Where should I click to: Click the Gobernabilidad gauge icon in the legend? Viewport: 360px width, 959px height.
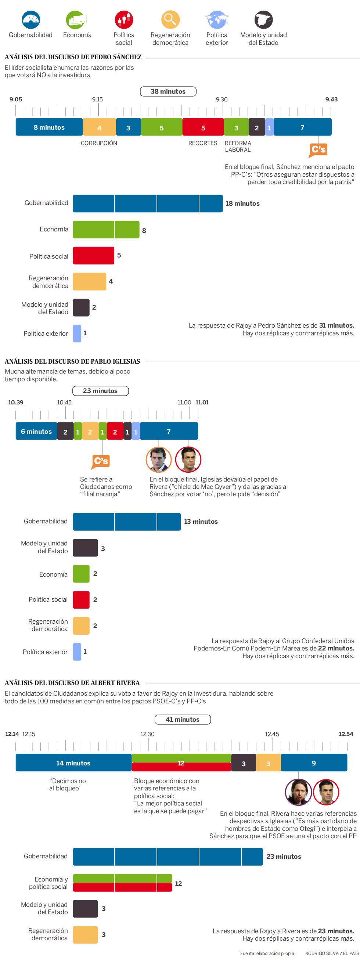click(30, 20)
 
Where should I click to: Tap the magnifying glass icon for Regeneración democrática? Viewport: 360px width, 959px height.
click(170, 19)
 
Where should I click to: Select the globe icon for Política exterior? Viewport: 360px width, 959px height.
click(217, 20)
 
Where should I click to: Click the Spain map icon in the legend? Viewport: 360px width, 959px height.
click(263, 20)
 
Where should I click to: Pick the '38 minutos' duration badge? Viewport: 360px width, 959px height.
click(168, 91)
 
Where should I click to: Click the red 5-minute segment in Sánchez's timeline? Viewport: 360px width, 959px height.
click(203, 127)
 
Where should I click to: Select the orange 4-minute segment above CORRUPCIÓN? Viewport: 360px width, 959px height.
click(99, 127)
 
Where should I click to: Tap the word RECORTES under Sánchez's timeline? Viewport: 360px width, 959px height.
click(202, 143)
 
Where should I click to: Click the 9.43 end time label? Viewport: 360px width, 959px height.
click(331, 100)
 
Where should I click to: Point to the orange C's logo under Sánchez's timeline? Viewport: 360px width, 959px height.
click(318, 150)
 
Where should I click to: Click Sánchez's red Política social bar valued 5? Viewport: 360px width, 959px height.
click(93, 256)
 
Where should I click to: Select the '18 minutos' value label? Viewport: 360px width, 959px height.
click(242, 203)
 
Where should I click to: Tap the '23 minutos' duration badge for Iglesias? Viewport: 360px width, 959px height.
click(100, 391)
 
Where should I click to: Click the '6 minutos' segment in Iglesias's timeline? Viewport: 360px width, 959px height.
click(36, 432)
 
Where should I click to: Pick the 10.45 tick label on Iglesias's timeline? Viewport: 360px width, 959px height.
click(64, 403)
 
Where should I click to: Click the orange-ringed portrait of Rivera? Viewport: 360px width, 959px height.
click(159, 459)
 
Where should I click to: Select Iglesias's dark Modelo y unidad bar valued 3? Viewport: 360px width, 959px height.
click(85, 548)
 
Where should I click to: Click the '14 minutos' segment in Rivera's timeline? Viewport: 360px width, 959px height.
click(73, 763)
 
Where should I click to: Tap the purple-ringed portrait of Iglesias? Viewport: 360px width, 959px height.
click(298, 792)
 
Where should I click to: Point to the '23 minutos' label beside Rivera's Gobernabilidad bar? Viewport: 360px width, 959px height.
click(284, 857)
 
